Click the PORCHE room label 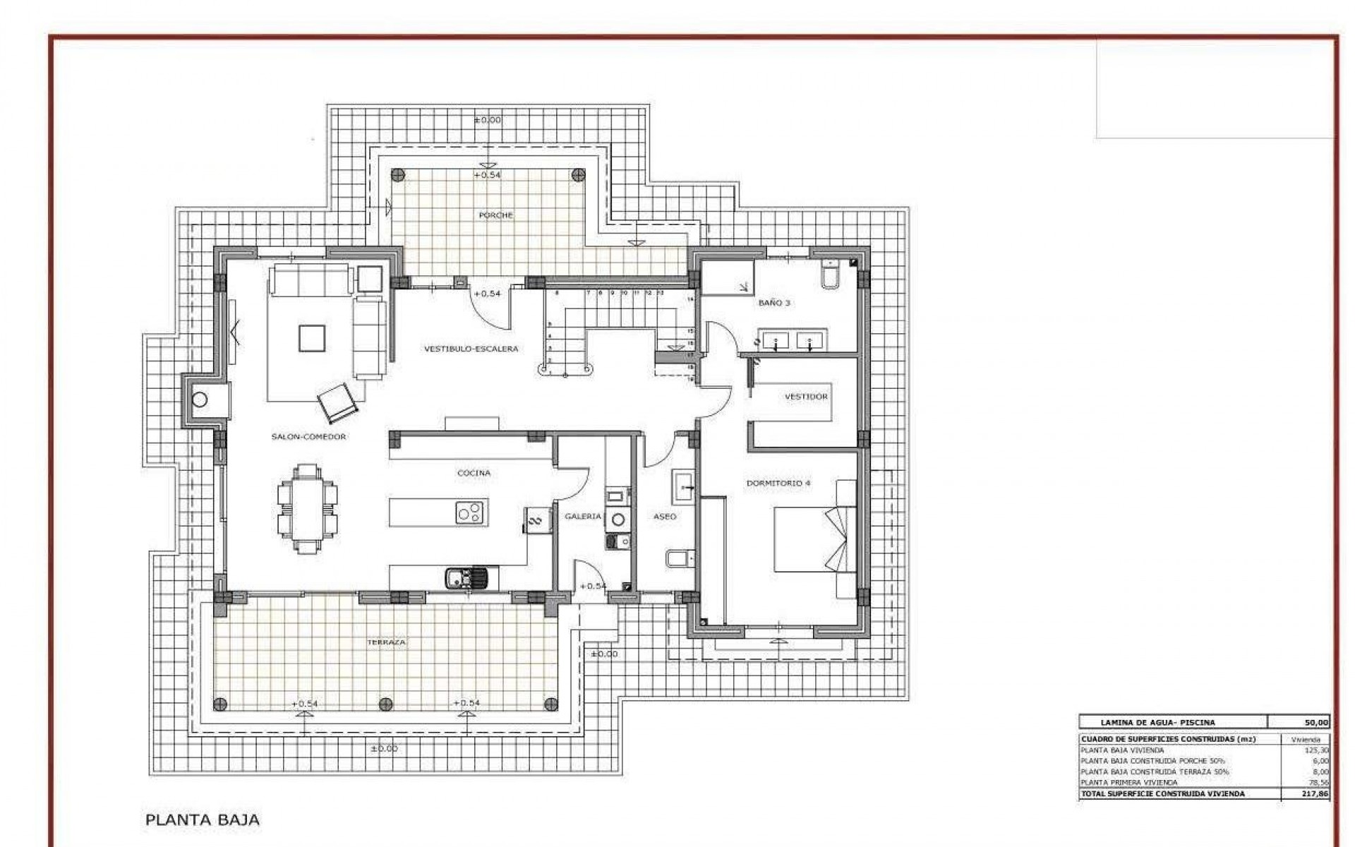point(495,215)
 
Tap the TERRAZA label point(385,642)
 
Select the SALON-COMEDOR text point(308,437)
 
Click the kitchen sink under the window point(466,579)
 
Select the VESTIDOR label point(806,397)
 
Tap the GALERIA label point(582,517)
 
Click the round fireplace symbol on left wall point(200,400)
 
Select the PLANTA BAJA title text point(202,819)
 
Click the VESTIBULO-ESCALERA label point(471,349)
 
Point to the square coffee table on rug point(312,337)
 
